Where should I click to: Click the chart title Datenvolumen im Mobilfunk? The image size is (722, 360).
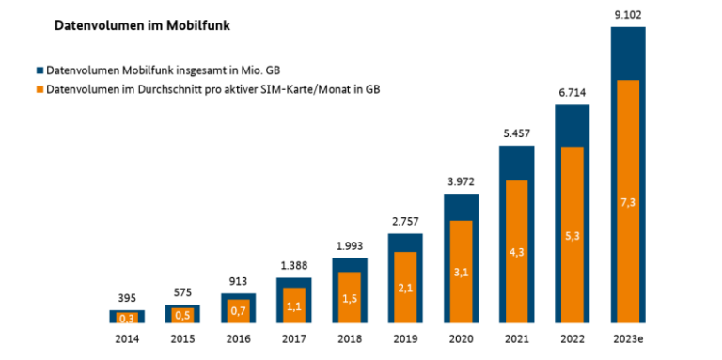(x=141, y=26)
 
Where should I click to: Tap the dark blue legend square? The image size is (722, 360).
(x=39, y=70)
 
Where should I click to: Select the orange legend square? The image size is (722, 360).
(x=39, y=89)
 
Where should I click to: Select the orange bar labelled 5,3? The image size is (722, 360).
(x=572, y=235)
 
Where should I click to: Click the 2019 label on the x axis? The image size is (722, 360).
(x=405, y=336)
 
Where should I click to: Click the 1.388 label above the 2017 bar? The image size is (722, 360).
(x=293, y=265)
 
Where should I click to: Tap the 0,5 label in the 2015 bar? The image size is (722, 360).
(x=182, y=315)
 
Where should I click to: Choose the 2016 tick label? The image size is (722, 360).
(x=238, y=336)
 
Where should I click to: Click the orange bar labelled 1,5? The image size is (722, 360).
(x=350, y=298)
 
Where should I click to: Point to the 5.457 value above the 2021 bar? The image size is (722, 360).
(x=516, y=133)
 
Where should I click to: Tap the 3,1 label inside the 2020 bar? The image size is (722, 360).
(x=461, y=272)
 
